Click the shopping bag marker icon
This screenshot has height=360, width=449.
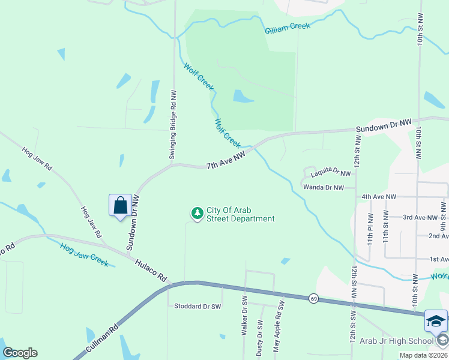pyautogui.click(x=121, y=205)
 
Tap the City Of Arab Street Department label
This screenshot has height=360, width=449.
pyautogui.click(x=240, y=214)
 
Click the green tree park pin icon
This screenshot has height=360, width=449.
pyautogui.click(x=197, y=213)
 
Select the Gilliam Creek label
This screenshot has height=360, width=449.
pyautogui.click(x=288, y=27)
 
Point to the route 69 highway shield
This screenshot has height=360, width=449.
pyautogui.click(x=313, y=298)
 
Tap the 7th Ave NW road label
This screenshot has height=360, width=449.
pyautogui.click(x=226, y=161)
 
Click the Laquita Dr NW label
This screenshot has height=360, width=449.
pyautogui.click(x=330, y=173)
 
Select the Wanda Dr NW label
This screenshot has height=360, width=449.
pyautogui.click(x=323, y=188)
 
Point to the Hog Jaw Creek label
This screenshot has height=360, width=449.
pyautogui.click(x=84, y=254)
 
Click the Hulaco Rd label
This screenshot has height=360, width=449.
pyautogui.click(x=150, y=271)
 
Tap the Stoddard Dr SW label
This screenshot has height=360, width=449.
pyautogui.click(x=197, y=306)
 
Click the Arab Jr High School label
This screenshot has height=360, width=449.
pyautogui.click(x=396, y=341)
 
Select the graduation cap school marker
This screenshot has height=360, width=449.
pyautogui.click(x=436, y=322)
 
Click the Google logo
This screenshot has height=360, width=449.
pyautogui.click(x=20, y=353)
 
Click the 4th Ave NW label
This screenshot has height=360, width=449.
pyautogui.click(x=379, y=196)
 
